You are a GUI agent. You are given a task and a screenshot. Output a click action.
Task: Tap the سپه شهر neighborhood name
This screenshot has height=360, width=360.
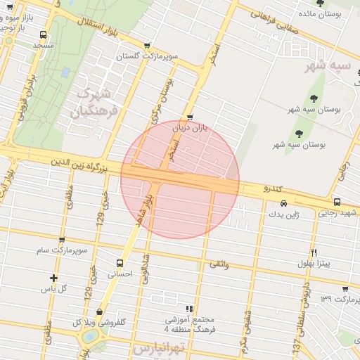point(327,65)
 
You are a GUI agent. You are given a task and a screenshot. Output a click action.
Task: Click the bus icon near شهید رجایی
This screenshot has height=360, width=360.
point(337,202)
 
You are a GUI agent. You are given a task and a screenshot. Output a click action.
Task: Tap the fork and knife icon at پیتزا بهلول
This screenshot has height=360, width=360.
point(314,252)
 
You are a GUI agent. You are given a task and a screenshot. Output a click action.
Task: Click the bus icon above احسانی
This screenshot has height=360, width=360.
point(118,264)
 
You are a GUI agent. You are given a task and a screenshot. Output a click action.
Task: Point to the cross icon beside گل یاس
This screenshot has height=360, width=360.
point(54,278)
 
